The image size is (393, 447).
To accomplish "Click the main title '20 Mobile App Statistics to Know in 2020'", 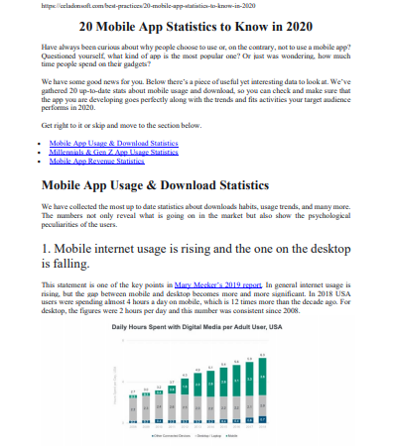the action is point(196,28).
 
